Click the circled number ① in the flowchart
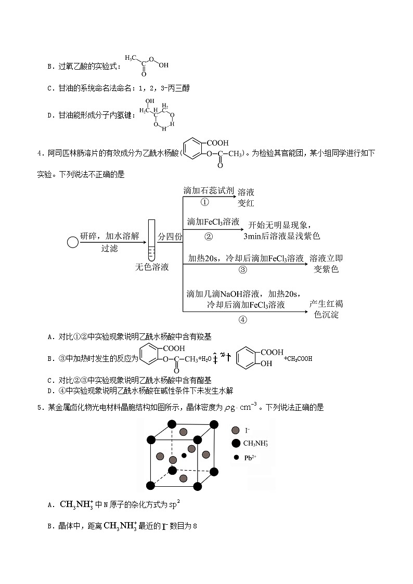pyautogui.click(x=204, y=202)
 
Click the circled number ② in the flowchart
pyautogui.click(x=209, y=236)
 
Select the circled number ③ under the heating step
pyautogui.click(x=242, y=269)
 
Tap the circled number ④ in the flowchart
pyautogui.click(x=242, y=319)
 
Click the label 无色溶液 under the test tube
pyautogui.click(x=152, y=267)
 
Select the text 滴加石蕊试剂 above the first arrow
pyautogui.click(x=208, y=190)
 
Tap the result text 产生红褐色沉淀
pyautogui.click(x=326, y=309)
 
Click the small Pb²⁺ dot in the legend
pyautogui.click(x=236, y=458)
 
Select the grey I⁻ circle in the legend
pyautogui.click(x=236, y=430)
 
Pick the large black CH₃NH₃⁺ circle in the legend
pyautogui.click(x=236, y=443)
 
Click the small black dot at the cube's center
pyautogui.click(x=184, y=456)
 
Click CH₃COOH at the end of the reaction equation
pyautogui.click(x=298, y=358)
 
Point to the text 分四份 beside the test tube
pyautogui.click(x=170, y=236)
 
